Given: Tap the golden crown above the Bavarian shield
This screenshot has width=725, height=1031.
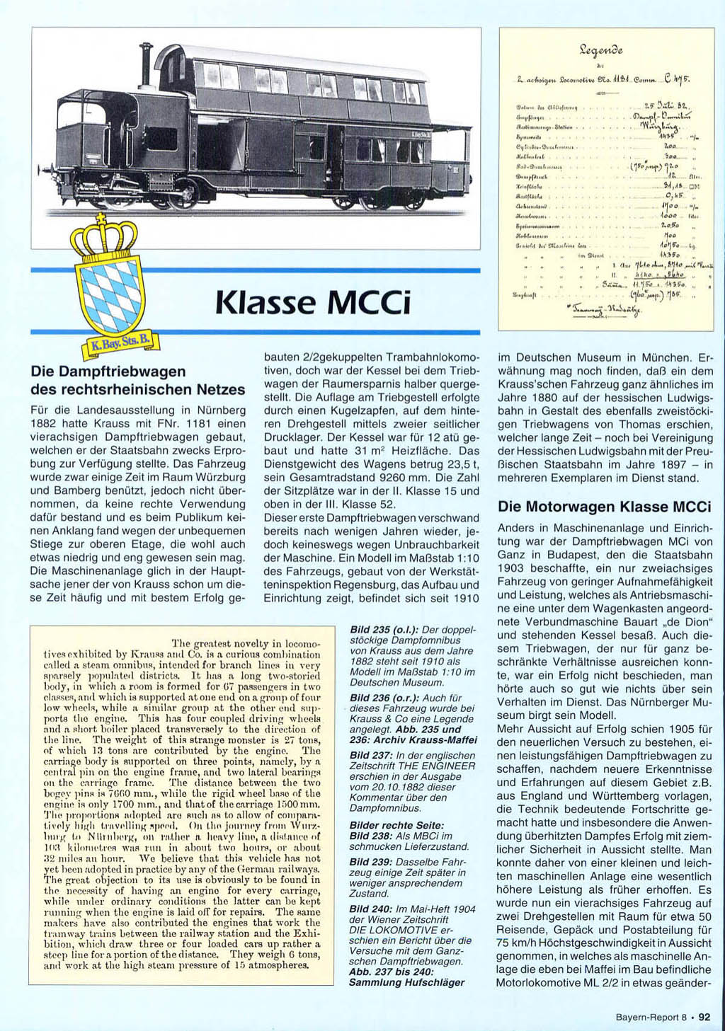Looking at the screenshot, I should [x=104, y=237].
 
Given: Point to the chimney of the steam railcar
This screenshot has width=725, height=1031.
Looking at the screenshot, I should [x=146, y=64].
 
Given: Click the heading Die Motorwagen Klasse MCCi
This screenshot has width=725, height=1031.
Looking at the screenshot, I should [x=604, y=507].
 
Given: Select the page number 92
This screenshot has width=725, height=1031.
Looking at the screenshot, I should [x=704, y=1018].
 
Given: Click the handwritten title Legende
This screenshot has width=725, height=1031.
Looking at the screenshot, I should [x=601, y=51].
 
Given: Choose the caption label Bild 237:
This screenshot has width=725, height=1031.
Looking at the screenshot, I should [x=371, y=755].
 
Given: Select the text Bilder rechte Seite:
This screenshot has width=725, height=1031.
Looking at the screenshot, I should [x=396, y=825].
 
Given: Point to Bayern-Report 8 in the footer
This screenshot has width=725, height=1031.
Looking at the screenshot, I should [x=651, y=1018].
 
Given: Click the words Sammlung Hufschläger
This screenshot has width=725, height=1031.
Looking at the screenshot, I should [x=407, y=982].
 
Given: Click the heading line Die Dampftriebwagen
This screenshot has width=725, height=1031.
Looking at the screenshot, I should [x=108, y=371].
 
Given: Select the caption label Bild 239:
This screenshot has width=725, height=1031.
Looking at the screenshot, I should [x=372, y=862].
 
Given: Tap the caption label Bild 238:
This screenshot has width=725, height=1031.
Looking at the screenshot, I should [x=372, y=836].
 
